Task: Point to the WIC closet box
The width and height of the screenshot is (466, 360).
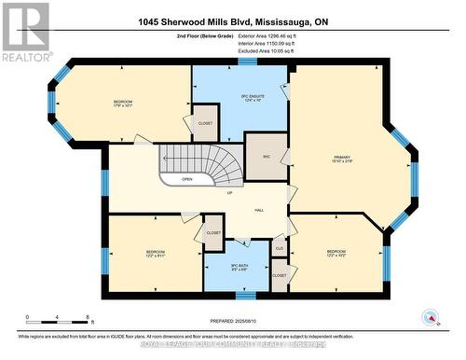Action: click(266, 156)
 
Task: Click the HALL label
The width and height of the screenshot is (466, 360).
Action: click(258, 210)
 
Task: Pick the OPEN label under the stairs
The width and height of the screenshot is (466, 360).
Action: click(187, 179)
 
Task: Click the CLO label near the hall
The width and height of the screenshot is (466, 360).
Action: click(279, 249)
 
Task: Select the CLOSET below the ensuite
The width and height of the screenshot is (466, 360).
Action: click(205, 124)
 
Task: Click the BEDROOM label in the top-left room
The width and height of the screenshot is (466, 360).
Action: click(124, 104)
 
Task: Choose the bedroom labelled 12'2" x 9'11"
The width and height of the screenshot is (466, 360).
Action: click(155, 254)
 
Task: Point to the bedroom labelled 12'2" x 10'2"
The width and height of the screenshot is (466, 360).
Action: click(336, 254)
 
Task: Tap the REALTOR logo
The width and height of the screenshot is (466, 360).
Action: click(25, 32)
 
